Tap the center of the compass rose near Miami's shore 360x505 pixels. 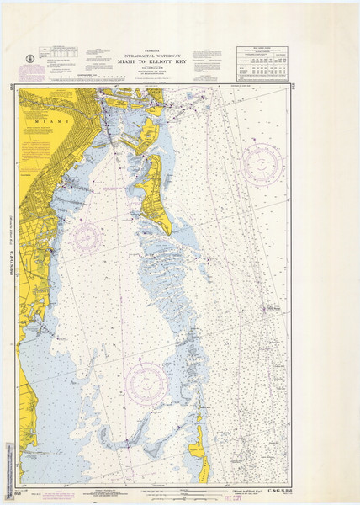pos(87,236)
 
